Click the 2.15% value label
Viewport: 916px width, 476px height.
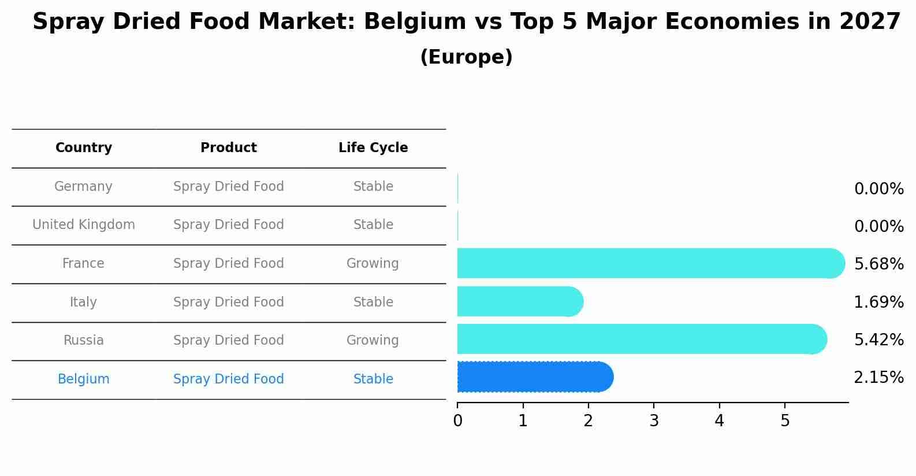tap(878, 378)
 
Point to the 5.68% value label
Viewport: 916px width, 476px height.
tap(878, 264)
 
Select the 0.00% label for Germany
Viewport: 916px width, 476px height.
tap(878, 189)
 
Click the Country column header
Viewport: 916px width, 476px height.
tap(84, 148)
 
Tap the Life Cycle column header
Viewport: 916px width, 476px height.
tap(373, 148)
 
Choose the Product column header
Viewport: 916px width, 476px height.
tap(229, 148)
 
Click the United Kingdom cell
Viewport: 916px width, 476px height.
tap(84, 225)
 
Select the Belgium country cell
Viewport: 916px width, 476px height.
tap(84, 379)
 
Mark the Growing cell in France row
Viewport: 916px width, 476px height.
tap(373, 264)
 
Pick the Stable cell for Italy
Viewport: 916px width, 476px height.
tap(373, 302)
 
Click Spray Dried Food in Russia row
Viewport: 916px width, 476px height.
tap(229, 341)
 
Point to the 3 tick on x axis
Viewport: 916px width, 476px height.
tap(654, 421)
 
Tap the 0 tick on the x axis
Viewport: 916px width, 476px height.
tap(457, 421)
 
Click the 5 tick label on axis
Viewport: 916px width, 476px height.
tap(785, 421)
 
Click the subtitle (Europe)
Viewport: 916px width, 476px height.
tap(466, 57)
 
